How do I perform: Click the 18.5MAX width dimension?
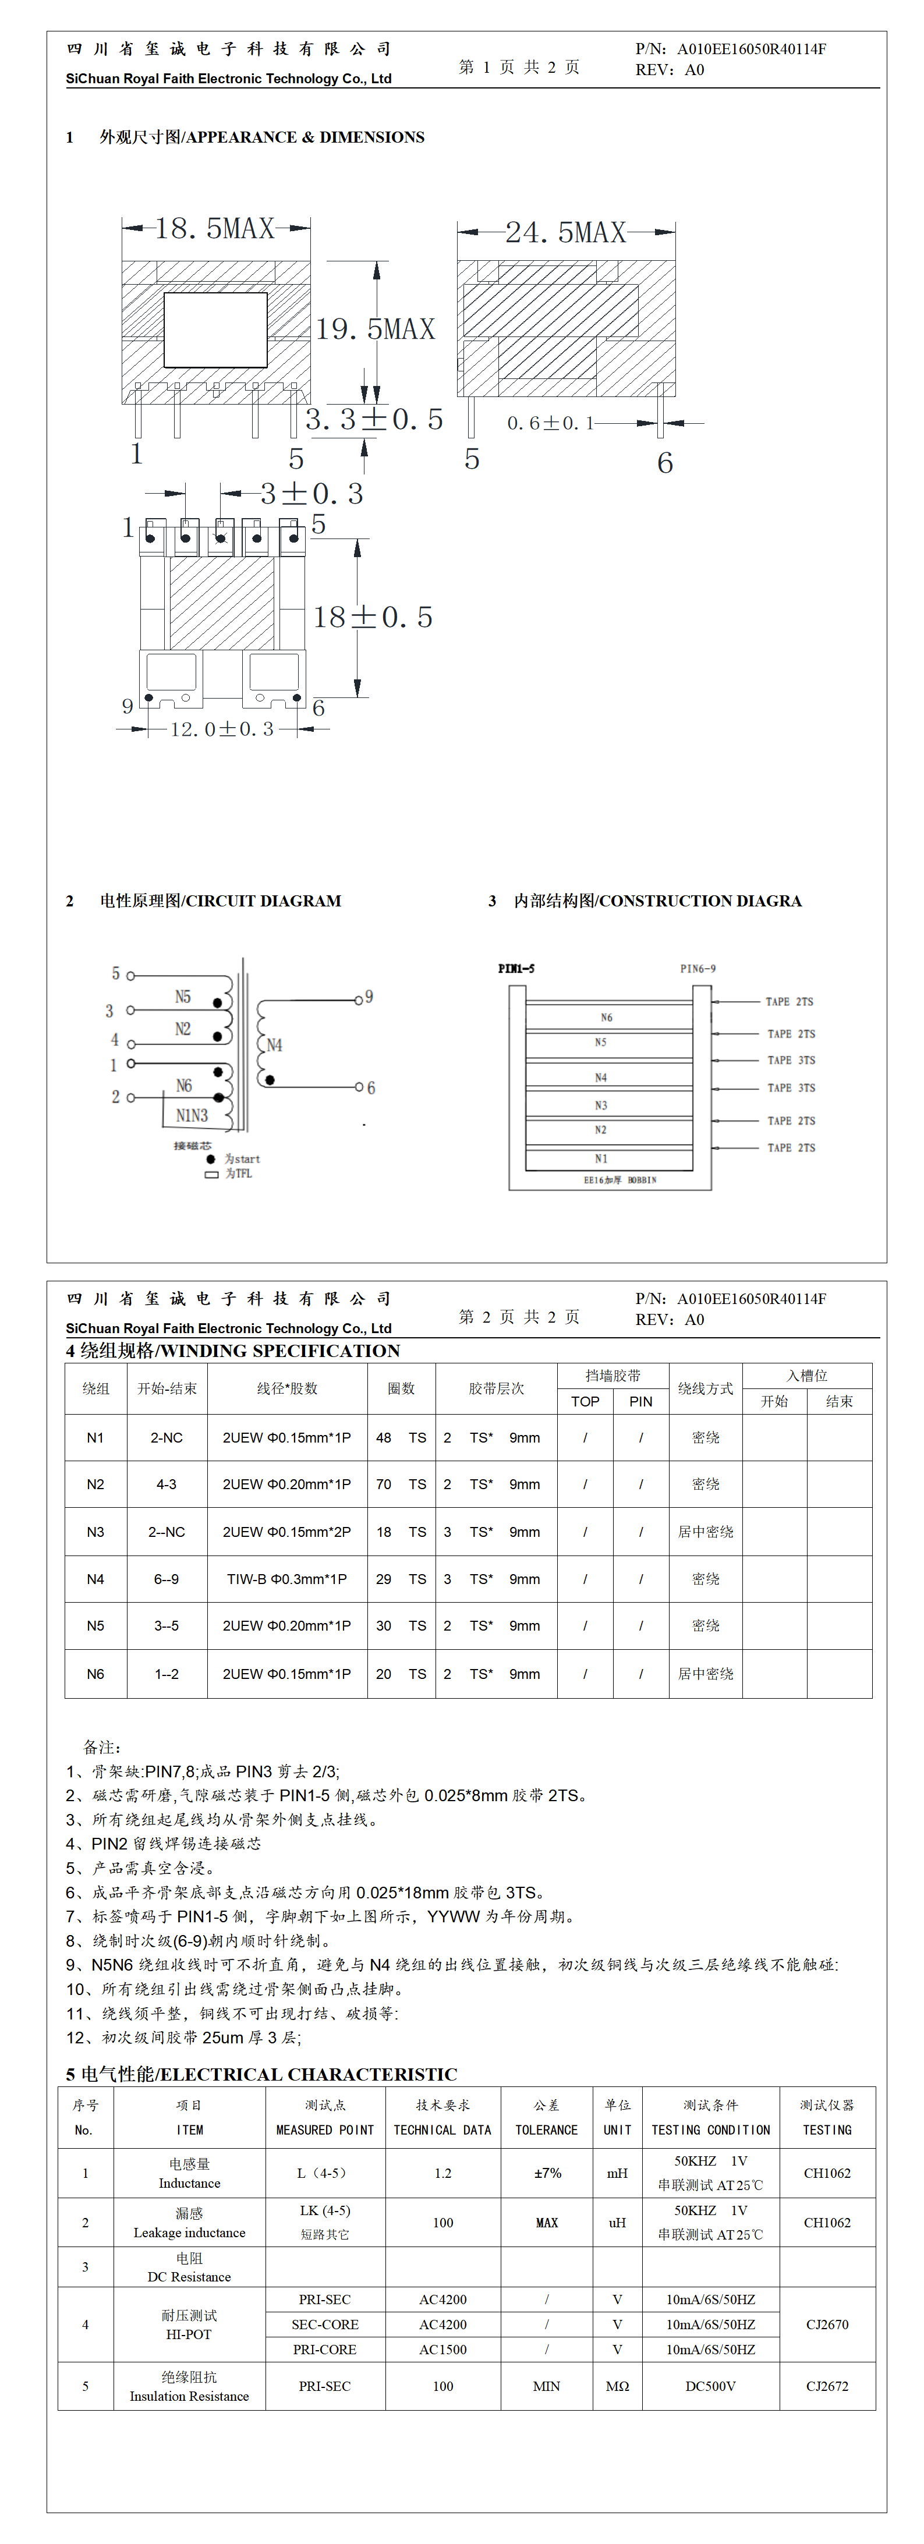click(x=214, y=229)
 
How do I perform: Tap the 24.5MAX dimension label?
click(x=565, y=233)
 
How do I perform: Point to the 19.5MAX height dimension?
click(x=376, y=329)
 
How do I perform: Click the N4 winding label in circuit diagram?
click(x=274, y=1045)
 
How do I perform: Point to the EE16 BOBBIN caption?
click(x=619, y=1180)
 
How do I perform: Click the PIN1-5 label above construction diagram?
click(x=516, y=969)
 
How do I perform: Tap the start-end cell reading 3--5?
click(x=166, y=1625)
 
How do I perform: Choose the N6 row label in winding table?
click(x=95, y=1674)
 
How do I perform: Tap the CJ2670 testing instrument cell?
click(x=826, y=2325)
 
